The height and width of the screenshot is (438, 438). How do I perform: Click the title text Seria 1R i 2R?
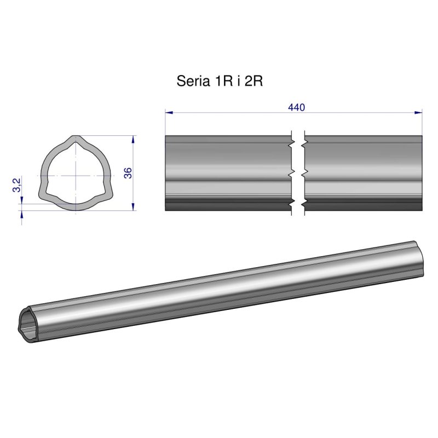click(221, 82)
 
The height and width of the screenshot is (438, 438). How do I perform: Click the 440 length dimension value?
click(296, 107)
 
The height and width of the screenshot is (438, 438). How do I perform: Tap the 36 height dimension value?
click(128, 173)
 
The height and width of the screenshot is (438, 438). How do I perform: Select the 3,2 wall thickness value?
click(17, 185)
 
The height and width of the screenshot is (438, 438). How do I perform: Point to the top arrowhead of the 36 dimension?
click(134, 140)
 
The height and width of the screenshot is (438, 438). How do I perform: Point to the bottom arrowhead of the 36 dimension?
click(134, 207)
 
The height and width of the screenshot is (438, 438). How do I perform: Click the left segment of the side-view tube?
click(227, 173)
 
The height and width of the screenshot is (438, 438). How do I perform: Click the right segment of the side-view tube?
click(363, 173)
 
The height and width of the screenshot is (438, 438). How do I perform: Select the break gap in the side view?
click(298, 173)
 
